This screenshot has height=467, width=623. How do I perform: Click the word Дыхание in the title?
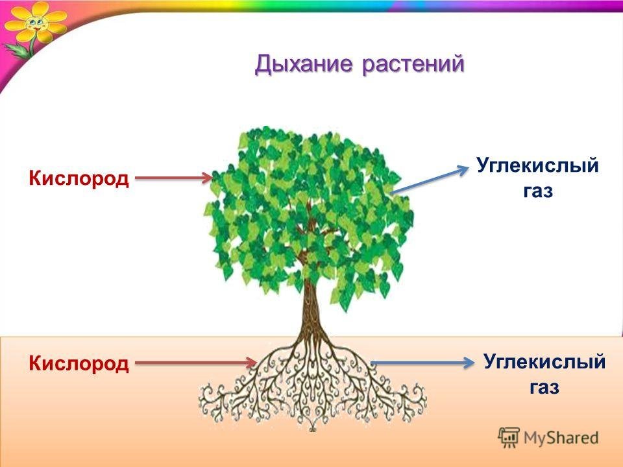304,64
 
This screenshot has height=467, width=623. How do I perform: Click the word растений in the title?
413,64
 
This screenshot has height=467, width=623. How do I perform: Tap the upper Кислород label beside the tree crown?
79,178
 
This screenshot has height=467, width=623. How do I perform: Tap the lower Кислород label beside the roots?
79,363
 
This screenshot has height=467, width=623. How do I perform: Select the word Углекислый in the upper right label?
537,165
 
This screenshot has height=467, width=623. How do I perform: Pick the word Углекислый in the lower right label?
544,362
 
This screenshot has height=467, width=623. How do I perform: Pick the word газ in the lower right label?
544,387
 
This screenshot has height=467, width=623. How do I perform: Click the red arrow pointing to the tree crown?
174,178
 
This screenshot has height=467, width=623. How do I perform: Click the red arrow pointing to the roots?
196,363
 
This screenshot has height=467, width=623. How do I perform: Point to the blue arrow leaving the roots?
422,363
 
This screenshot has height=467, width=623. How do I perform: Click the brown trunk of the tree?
310,305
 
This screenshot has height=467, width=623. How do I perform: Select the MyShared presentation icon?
509,438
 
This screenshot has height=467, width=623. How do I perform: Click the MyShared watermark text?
561,438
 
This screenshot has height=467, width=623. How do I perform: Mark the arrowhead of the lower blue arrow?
467,363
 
